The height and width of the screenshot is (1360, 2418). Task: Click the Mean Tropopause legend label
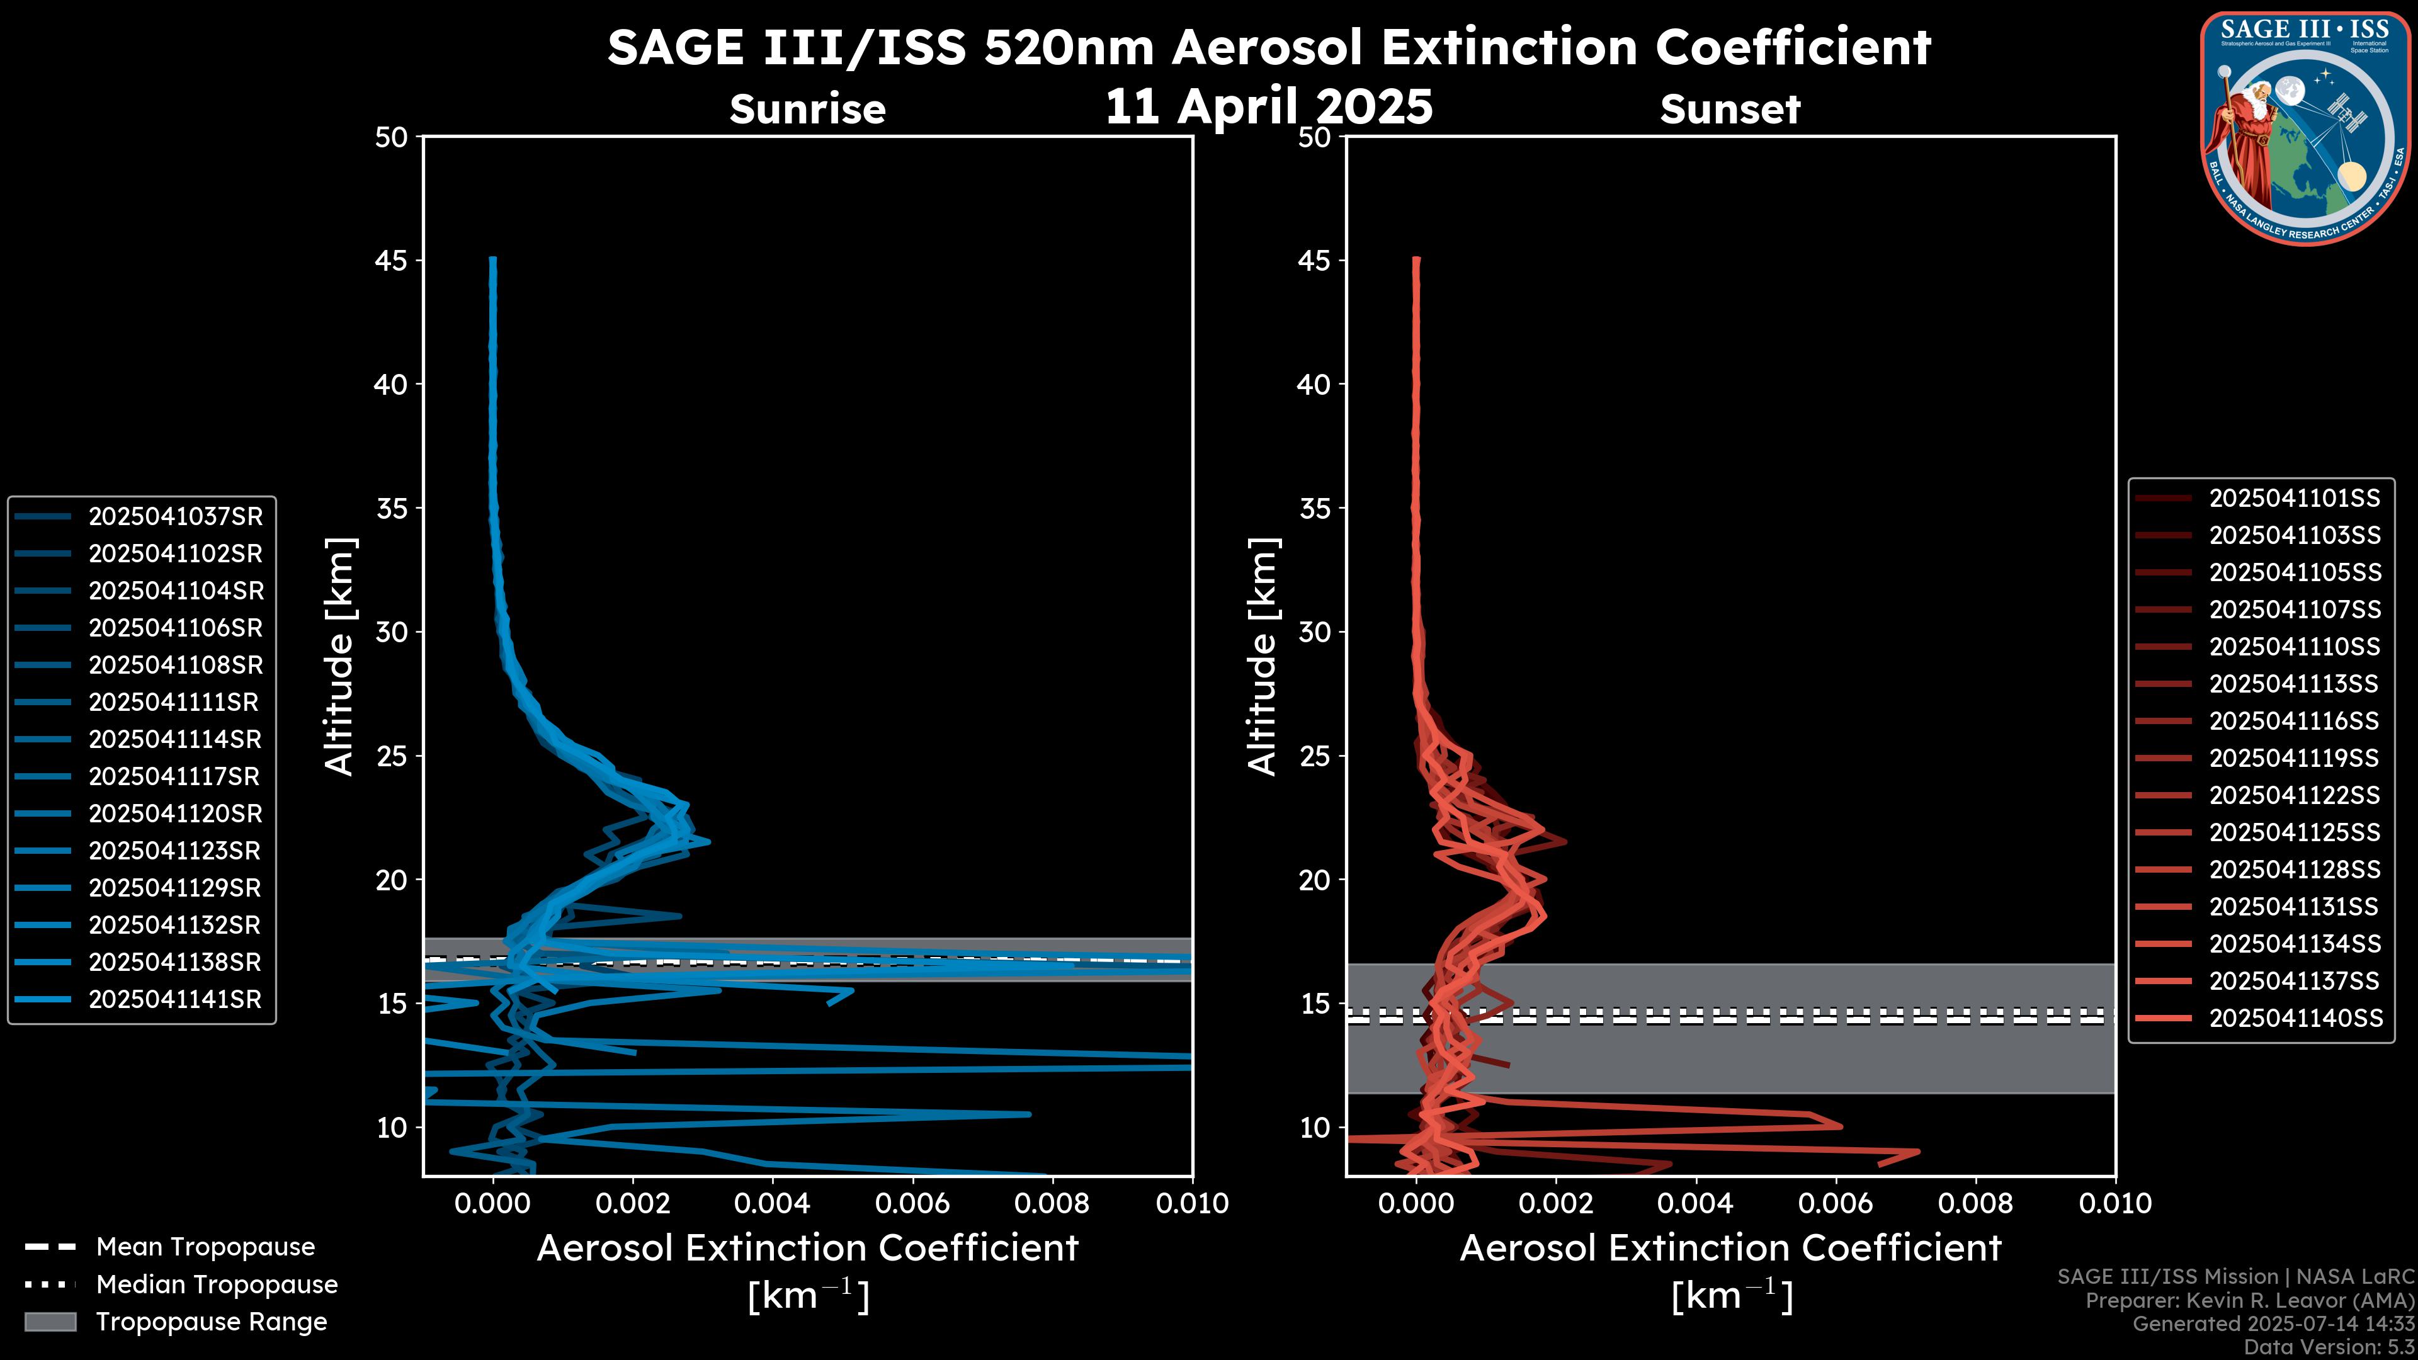(x=205, y=1247)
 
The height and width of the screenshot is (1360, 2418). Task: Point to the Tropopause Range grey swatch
(x=50, y=1322)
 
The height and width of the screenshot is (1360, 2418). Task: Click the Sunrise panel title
(x=807, y=110)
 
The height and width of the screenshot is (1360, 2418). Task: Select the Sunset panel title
(x=1730, y=110)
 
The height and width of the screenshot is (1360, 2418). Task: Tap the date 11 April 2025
(x=1269, y=106)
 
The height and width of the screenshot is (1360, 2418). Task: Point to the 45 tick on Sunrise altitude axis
(x=392, y=261)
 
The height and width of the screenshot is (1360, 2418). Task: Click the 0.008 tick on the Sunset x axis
(x=1976, y=1203)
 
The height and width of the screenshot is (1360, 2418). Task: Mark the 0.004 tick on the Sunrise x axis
(x=771, y=1203)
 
